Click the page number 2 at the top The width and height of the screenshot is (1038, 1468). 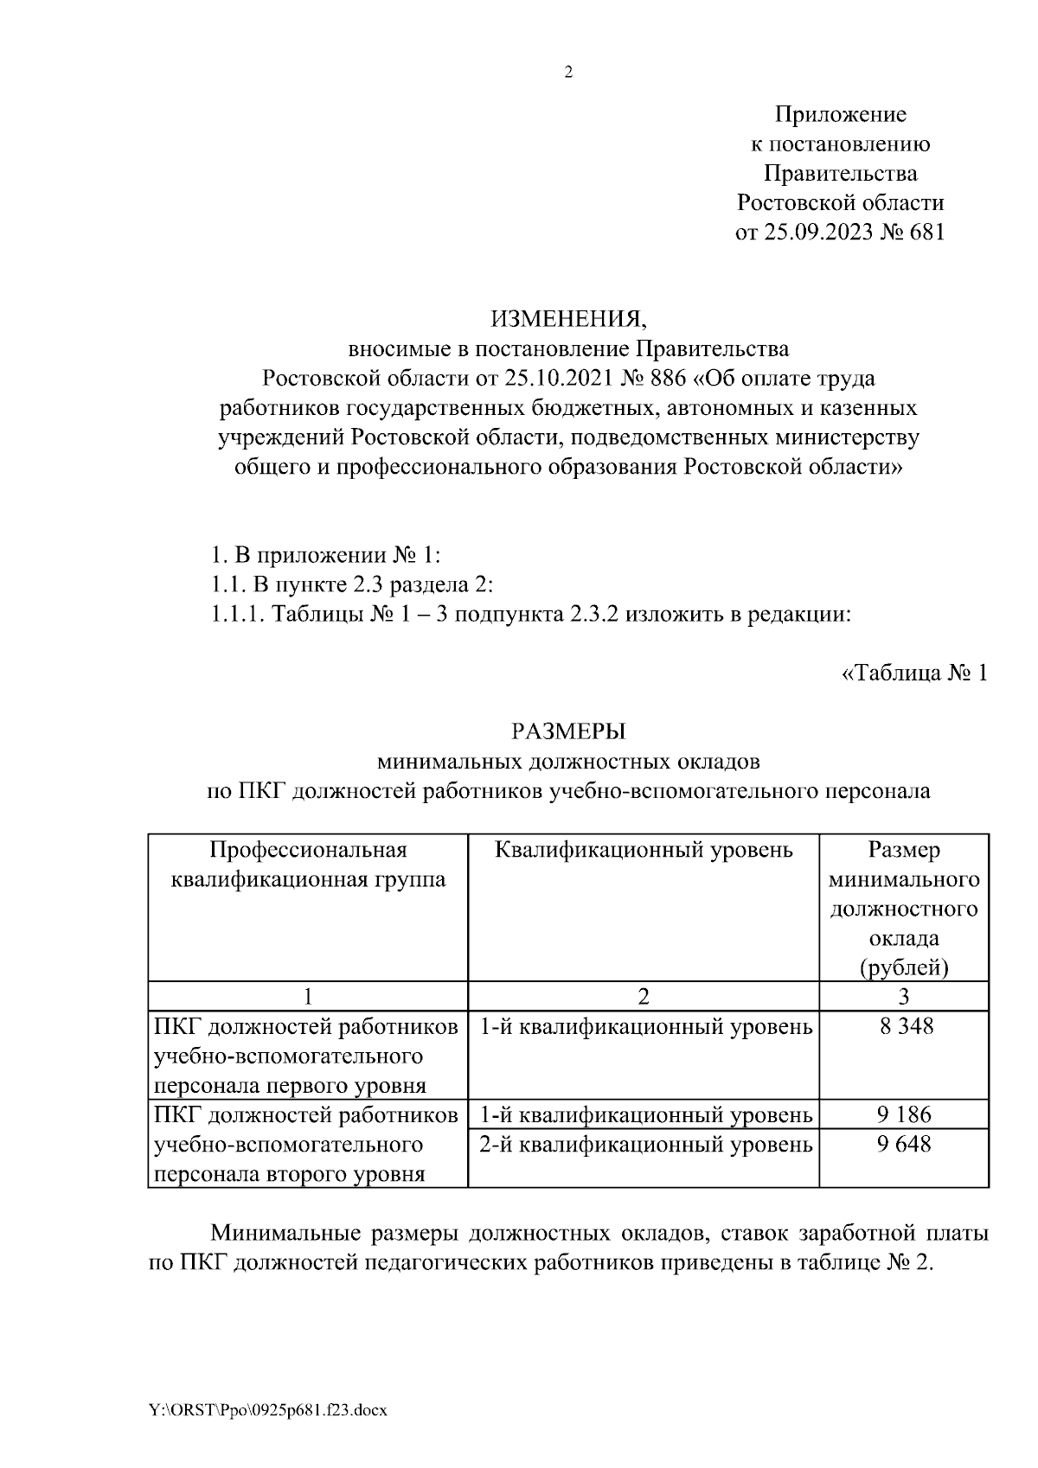568,73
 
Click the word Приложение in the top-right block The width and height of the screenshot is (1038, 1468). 840,115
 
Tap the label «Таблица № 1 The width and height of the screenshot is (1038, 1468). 913,673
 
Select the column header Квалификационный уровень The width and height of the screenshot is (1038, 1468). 644,851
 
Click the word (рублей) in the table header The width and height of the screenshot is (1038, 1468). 904,967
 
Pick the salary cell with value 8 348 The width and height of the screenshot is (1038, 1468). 904,1027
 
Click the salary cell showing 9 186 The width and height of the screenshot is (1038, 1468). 904,1114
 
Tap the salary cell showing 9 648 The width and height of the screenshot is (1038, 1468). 904,1145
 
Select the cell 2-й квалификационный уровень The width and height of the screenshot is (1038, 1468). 645,1145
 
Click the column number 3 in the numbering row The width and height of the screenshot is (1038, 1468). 904,996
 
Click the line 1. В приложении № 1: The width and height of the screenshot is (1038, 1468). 326,555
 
